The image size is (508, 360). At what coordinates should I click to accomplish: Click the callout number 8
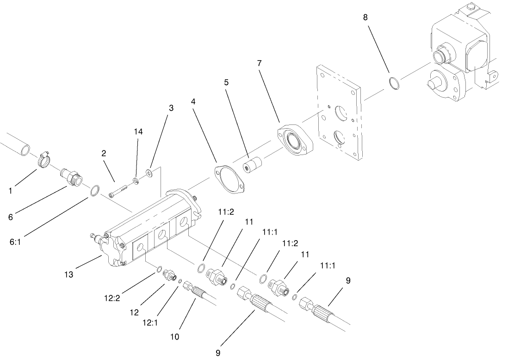pyautogui.click(x=366, y=18)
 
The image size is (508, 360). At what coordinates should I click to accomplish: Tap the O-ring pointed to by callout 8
pyautogui.click(x=394, y=84)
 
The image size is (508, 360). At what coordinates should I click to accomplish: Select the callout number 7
pyautogui.click(x=259, y=63)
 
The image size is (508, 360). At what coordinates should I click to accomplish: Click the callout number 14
pyautogui.click(x=138, y=132)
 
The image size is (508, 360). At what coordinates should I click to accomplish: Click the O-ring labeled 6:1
pyautogui.click(x=94, y=190)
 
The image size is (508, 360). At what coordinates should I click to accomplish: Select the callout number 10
pyautogui.click(x=175, y=336)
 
